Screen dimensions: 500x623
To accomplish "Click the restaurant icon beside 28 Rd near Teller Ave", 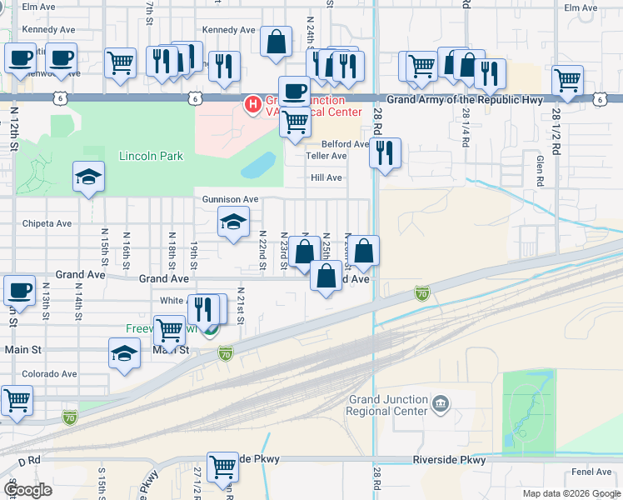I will point(385,153).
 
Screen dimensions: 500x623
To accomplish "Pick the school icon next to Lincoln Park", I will point(88,177).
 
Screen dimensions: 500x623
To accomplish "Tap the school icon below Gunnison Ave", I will point(233,222).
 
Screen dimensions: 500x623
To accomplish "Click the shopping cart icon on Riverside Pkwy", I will point(222,467).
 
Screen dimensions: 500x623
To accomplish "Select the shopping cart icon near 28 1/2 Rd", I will point(567,82).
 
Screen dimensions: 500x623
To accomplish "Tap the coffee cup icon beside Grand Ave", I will point(19,291).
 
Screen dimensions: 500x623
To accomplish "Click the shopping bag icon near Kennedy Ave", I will point(276,42).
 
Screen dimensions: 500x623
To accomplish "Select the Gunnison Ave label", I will point(231,200).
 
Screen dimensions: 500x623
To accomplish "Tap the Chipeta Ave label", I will point(47,223).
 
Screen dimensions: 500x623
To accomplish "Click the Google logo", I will point(28,490).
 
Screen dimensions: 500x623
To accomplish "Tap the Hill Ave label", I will point(326,177).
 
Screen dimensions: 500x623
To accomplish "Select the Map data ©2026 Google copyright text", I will point(571,493).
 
